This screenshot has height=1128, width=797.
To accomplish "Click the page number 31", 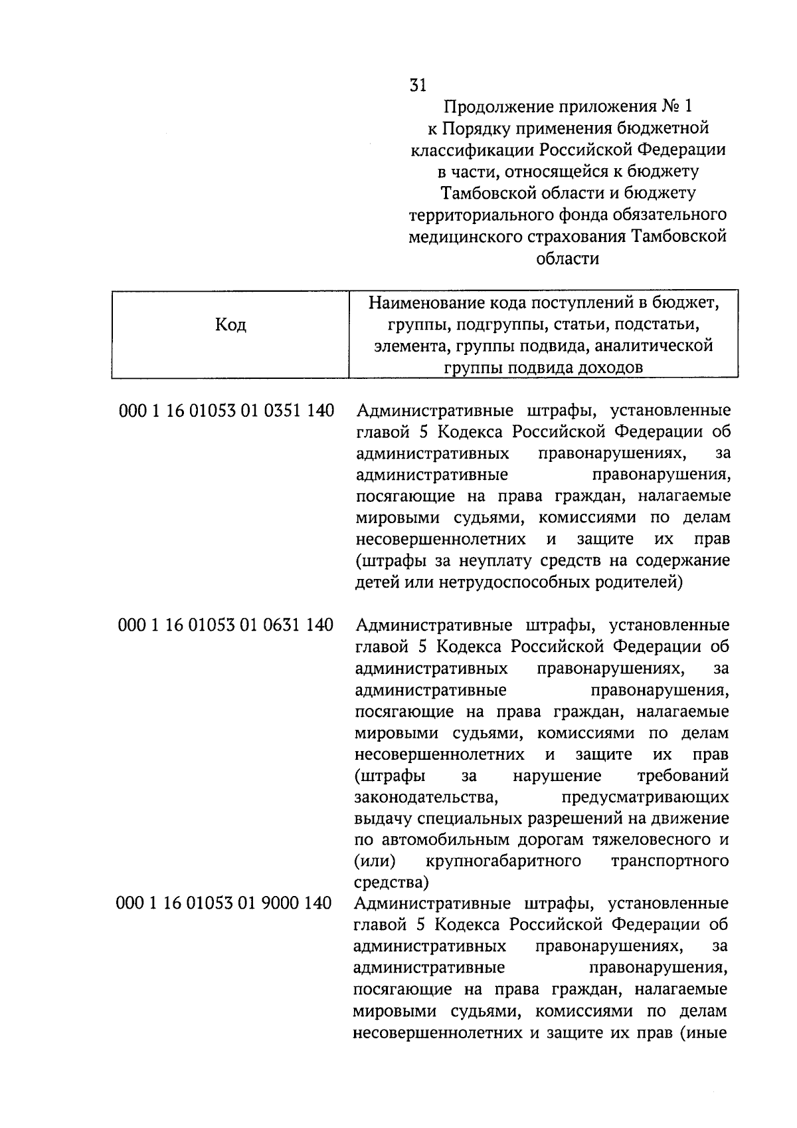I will tap(418, 85).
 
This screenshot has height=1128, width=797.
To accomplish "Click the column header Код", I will tap(230, 325).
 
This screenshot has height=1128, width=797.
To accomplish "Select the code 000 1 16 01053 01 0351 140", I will tap(226, 411).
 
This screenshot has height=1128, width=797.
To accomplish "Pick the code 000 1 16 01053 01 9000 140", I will tap(224, 903).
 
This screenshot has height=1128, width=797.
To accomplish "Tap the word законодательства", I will tap(425, 797).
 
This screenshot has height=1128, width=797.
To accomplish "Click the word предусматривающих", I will tap(644, 797).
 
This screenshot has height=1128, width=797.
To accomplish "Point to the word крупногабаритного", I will tap(503, 861).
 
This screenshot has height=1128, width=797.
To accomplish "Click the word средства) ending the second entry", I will tap(391, 883).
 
